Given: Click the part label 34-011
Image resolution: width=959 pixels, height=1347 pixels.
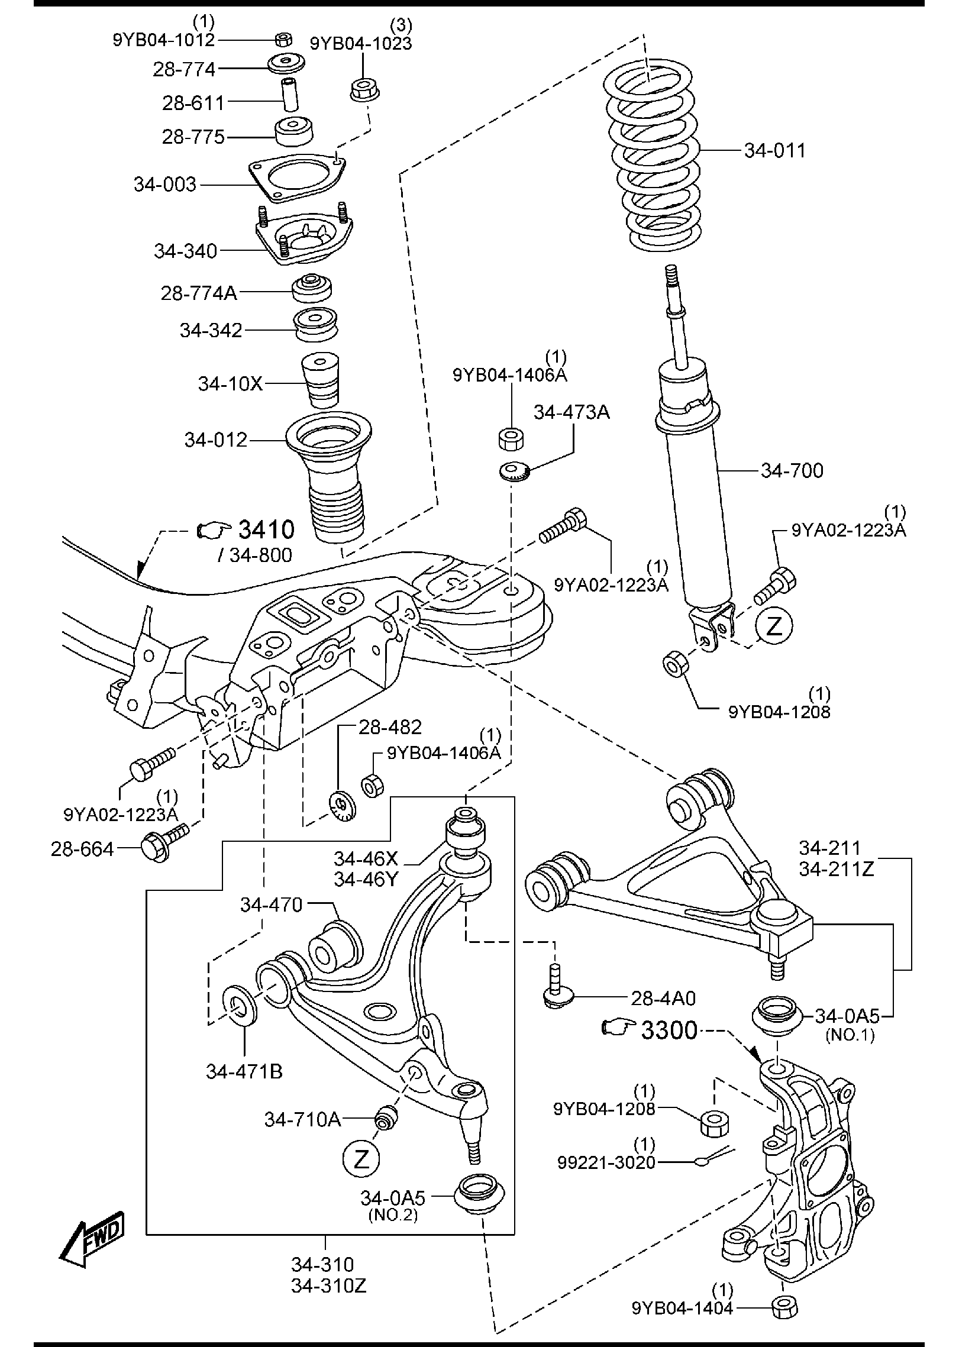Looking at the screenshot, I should [x=775, y=150].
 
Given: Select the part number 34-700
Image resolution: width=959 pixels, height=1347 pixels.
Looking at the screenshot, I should [x=792, y=471].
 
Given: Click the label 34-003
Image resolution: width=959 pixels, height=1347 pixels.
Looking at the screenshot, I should [x=164, y=185].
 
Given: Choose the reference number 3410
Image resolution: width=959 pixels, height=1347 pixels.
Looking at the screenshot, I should [x=266, y=530].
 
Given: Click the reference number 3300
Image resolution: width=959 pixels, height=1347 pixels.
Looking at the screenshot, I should [x=669, y=1031].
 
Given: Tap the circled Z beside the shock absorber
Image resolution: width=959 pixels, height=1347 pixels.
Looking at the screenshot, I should [x=774, y=626].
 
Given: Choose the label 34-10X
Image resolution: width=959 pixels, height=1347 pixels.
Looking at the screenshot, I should [x=230, y=384].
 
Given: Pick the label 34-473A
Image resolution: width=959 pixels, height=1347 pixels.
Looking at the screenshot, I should [x=571, y=412].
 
